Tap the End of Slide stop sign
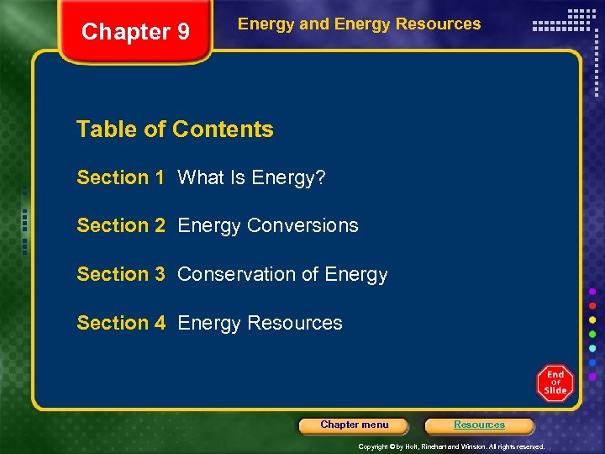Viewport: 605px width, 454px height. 555,383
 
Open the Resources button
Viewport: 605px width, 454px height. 479,425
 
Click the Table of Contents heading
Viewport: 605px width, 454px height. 175,129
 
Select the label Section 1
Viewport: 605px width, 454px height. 120,177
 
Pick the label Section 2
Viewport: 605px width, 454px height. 120,225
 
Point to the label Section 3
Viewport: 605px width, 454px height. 120,274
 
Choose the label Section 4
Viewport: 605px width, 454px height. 120,323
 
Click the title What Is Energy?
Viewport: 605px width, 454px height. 252,177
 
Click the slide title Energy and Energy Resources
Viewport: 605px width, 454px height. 359,24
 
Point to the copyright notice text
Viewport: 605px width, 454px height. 451,446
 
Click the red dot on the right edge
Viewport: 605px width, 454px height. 592,305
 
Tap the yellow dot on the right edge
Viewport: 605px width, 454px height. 592,319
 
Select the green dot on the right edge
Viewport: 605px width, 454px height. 592,334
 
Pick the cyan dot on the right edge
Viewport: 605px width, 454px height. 592,348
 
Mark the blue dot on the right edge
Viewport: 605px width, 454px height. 592,362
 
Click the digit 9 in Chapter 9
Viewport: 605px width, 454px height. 182,32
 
